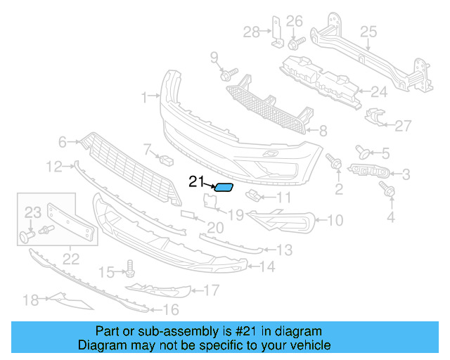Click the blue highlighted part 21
coord(225,187)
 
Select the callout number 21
coord(195,181)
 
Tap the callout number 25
coord(368,31)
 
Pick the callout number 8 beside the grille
coord(323,130)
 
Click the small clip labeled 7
coord(167,160)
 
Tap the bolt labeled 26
coord(292,43)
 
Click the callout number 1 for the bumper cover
coord(145,97)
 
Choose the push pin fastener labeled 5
coord(365,150)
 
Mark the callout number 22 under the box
coord(71,259)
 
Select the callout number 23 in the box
coord(33,212)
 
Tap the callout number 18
coord(30,300)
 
